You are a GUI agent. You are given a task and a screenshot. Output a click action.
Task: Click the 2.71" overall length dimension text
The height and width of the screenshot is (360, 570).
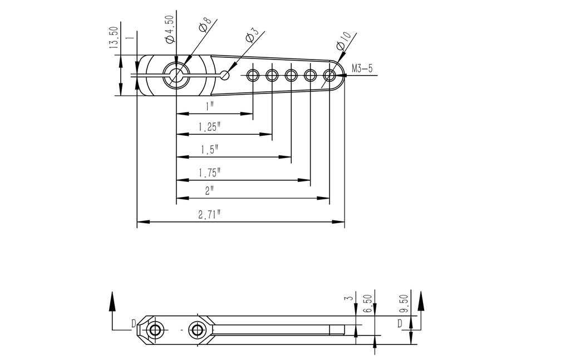click(209, 215)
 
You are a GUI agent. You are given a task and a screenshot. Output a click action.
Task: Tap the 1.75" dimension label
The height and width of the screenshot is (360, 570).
click(210, 173)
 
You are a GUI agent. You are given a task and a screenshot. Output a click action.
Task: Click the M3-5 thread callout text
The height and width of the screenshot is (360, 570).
click(362, 69)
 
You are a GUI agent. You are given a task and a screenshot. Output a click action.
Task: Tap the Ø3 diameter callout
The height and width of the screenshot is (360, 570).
click(250, 37)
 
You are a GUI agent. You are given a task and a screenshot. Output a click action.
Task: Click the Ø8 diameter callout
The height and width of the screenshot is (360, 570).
click(204, 26)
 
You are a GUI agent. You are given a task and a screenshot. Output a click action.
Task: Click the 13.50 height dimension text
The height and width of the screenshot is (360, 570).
click(114, 38)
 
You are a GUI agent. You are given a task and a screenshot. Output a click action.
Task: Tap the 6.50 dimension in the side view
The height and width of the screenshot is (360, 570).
click(367, 304)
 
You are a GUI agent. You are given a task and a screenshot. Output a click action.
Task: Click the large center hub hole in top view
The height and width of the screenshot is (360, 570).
click(176, 75)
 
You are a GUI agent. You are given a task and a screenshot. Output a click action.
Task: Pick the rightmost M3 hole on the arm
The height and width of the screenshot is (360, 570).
click(330, 75)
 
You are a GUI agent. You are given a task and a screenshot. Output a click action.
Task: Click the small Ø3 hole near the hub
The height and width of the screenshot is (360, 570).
click(224, 75)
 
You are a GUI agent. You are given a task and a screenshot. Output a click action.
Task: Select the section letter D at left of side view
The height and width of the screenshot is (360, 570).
click(134, 323)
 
